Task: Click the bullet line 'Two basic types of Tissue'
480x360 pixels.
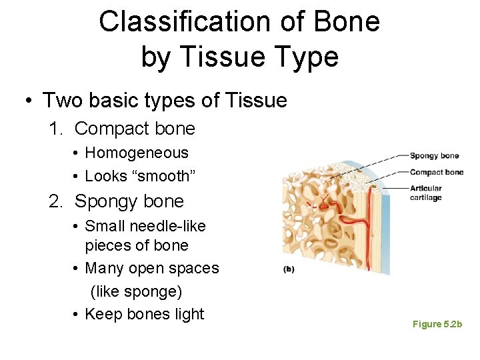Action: coord(165,101)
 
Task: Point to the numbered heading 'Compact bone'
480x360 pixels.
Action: coord(135,129)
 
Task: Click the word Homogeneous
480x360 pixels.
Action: coord(137,153)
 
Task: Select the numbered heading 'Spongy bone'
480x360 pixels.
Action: coord(129,201)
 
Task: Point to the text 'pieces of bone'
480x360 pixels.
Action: coord(137,245)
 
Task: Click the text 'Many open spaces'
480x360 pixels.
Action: coord(152,268)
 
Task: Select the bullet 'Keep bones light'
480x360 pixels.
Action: coord(145,314)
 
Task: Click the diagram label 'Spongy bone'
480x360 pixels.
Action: coord(434,156)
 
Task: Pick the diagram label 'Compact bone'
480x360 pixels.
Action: coord(437,172)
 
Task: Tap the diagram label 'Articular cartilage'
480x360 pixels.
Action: coord(426,193)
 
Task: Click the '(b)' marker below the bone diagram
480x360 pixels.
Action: coord(290,270)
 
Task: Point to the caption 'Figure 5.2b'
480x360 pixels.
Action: coord(437,324)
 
